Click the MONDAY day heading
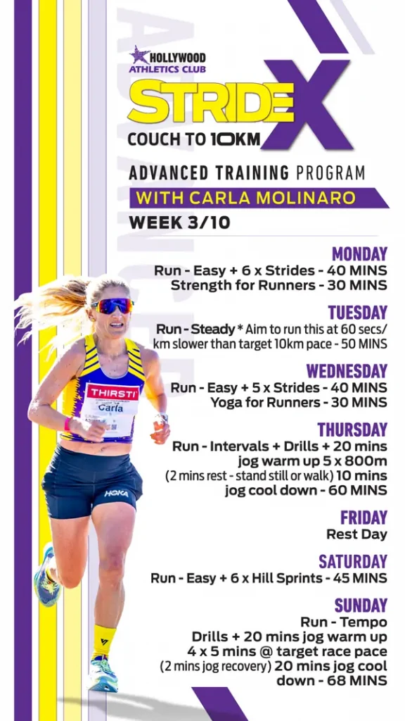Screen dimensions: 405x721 (x=359, y=253)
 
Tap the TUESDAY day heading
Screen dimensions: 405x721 (x=358, y=313)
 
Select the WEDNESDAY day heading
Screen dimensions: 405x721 (x=347, y=371)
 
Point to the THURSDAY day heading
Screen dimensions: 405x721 (x=353, y=430)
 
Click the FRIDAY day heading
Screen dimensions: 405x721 (x=364, y=518)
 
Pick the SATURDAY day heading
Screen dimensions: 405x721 (x=353, y=561)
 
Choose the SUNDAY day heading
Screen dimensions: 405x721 (x=361, y=606)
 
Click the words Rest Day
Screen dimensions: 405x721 (x=356, y=534)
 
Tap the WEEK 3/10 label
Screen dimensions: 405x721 (x=179, y=222)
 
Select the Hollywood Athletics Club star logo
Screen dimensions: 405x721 (x=139, y=56)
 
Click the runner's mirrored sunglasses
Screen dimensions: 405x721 (x=112, y=306)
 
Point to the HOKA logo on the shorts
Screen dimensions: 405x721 (x=116, y=493)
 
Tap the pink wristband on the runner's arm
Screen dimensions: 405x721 (x=68, y=423)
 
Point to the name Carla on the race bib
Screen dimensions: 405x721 (x=109, y=407)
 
